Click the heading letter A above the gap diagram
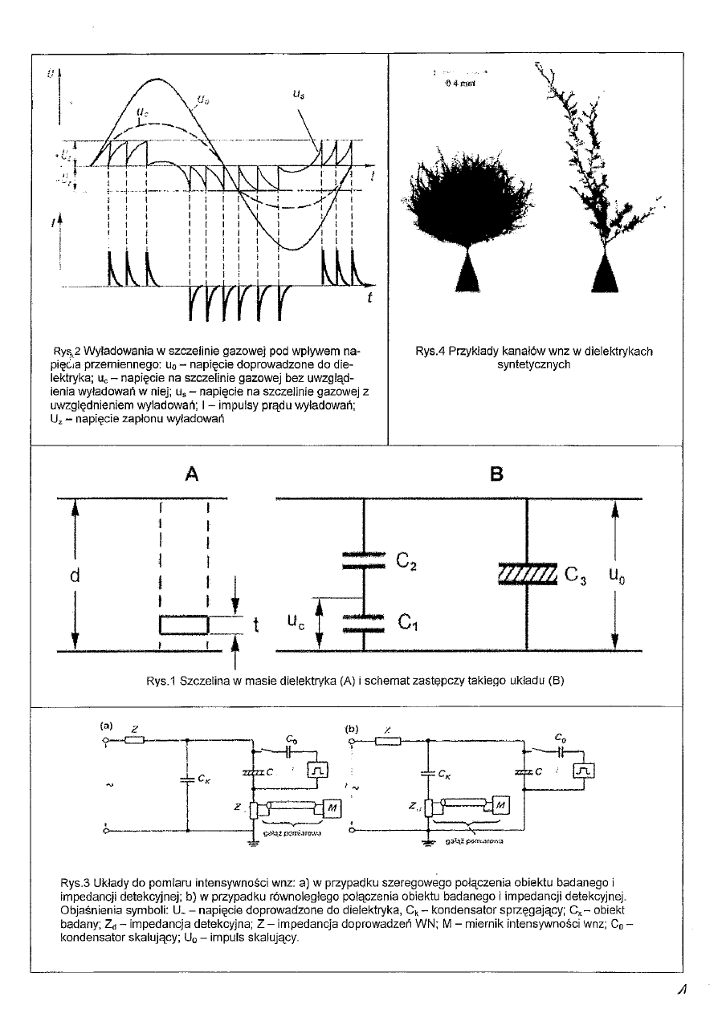pos(190,475)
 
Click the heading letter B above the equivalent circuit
pos(496,475)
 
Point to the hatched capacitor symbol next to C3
pos(527,575)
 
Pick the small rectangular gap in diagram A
pos(184,624)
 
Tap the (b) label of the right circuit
pos(350,729)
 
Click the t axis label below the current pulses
pos(369,298)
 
